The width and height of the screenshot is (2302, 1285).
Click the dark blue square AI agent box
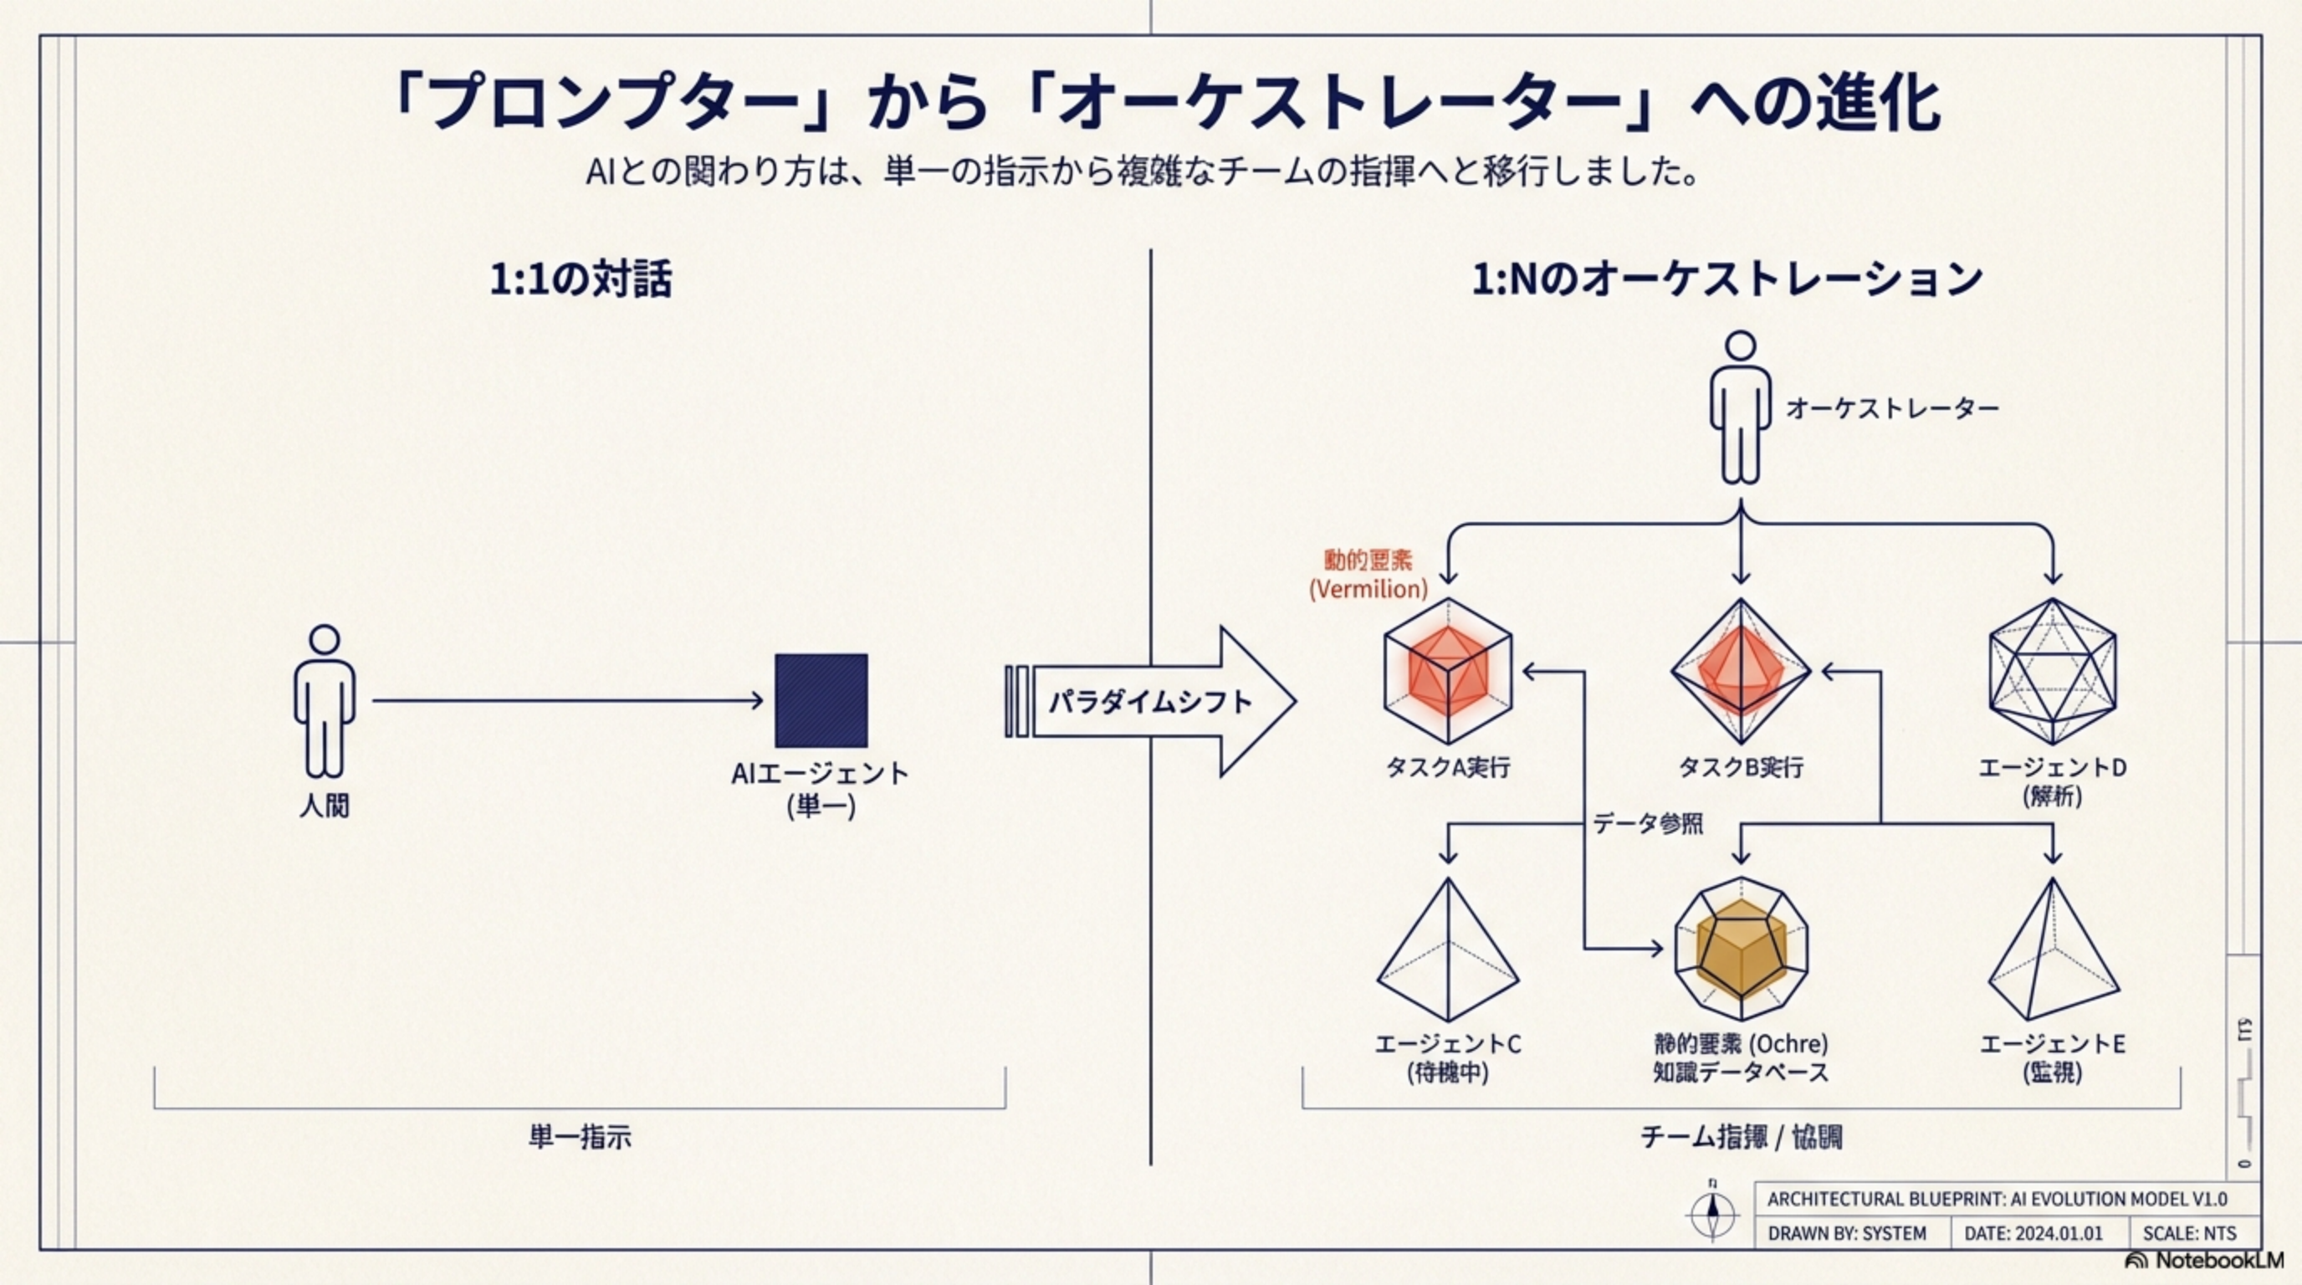coord(821,700)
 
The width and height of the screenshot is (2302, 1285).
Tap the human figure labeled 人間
coord(324,701)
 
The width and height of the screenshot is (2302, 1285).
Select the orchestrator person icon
coord(1740,408)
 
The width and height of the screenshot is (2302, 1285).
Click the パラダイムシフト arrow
coord(1153,701)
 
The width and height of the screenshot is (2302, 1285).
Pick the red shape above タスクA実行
coord(1448,671)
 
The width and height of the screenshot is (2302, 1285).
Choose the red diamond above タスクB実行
coord(1740,671)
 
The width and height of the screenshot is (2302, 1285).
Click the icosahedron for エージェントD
coord(2052,671)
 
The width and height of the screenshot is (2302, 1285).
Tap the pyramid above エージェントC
coord(1448,952)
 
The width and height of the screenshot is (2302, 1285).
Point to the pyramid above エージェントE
coord(2052,952)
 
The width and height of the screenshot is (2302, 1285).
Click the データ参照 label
coord(1647,823)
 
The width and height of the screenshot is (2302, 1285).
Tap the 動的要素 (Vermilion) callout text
coord(1368,575)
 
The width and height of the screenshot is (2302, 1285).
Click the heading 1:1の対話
coord(580,279)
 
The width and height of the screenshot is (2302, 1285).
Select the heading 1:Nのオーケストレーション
coord(1727,279)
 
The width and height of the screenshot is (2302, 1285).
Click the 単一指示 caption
coord(580,1137)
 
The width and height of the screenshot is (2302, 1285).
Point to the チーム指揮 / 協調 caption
coord(1741,1137)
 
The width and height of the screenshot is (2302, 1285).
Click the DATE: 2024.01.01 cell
coord(2033,1233)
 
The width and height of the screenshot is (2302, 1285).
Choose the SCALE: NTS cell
coord(2189,1233)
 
